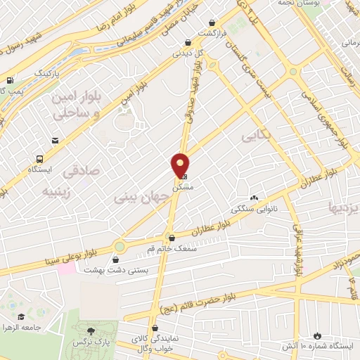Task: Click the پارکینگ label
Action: tap(30, 72)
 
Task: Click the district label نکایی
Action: tap(255, 134)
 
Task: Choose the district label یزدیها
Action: tap(344, 207)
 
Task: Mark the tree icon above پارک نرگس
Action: tap(90, 331)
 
